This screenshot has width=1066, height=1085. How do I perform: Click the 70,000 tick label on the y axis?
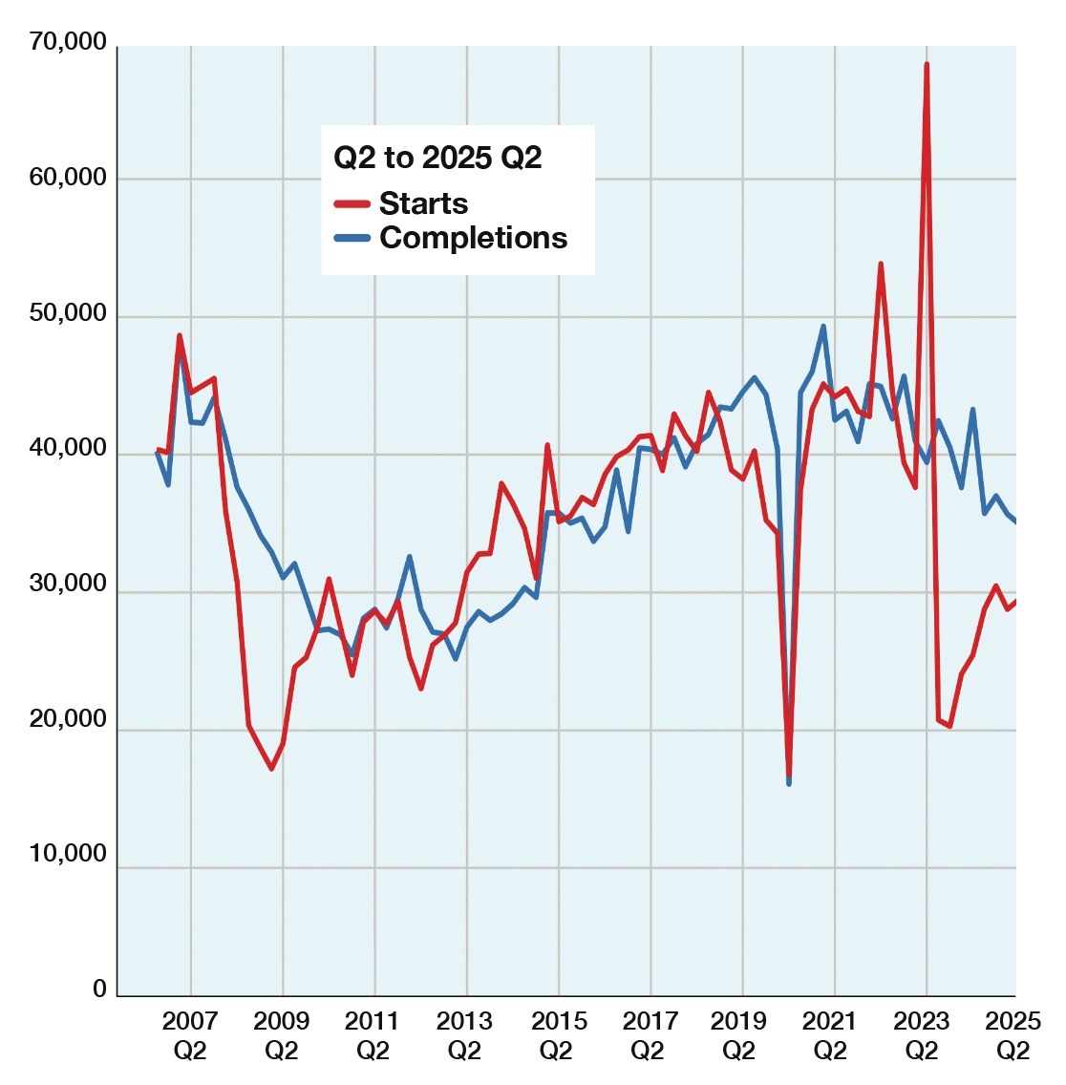coord(68,44)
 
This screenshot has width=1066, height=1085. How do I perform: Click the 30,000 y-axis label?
coord(68,584)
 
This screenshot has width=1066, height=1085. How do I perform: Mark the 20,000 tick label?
coord(68,719)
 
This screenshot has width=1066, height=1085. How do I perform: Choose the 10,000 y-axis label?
coord(68,853)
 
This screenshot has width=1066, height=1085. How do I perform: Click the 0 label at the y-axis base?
coord(99,989)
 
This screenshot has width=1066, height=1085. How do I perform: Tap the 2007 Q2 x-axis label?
coord(189,1035)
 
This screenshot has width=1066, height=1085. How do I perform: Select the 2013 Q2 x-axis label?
coord(464,1035)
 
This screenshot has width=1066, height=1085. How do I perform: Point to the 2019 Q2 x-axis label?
coord(738,1035)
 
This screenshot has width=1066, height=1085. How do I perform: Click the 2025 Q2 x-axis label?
coord(1013,1035)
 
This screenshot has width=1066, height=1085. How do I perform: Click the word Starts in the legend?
coord(423,203)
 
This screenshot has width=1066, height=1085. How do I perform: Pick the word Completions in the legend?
coord(473,238)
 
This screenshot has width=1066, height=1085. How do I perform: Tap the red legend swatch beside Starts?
coord(352,203)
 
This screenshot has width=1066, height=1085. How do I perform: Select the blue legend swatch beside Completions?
coord(352,239)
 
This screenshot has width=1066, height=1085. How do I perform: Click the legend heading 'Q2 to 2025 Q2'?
coord(437,158)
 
